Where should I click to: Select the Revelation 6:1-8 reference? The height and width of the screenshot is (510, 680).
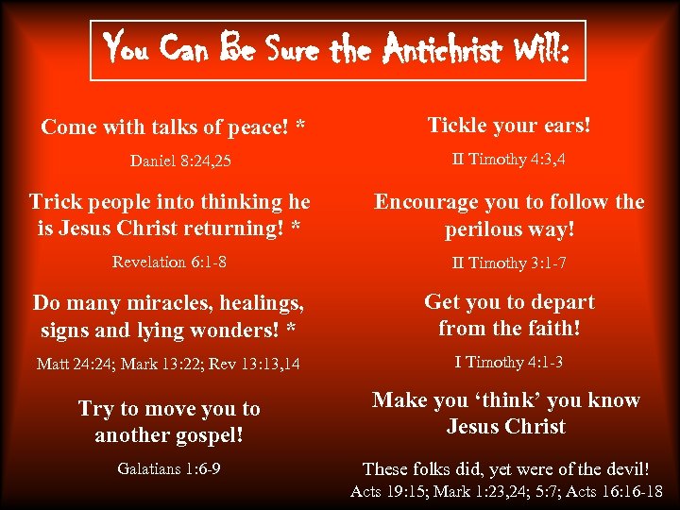click(x=169, y=262)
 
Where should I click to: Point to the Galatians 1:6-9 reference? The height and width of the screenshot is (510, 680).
click(x=170, y=467)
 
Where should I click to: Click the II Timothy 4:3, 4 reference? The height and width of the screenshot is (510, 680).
click(x=509, y=159)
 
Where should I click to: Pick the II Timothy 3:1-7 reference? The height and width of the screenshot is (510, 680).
click(x=509, y=263)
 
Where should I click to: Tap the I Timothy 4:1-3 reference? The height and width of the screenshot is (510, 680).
click(x=509, y=362)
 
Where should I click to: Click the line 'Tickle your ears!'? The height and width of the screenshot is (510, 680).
click(x=509, y=125)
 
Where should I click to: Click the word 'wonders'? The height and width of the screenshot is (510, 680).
click(x=235, y=331)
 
